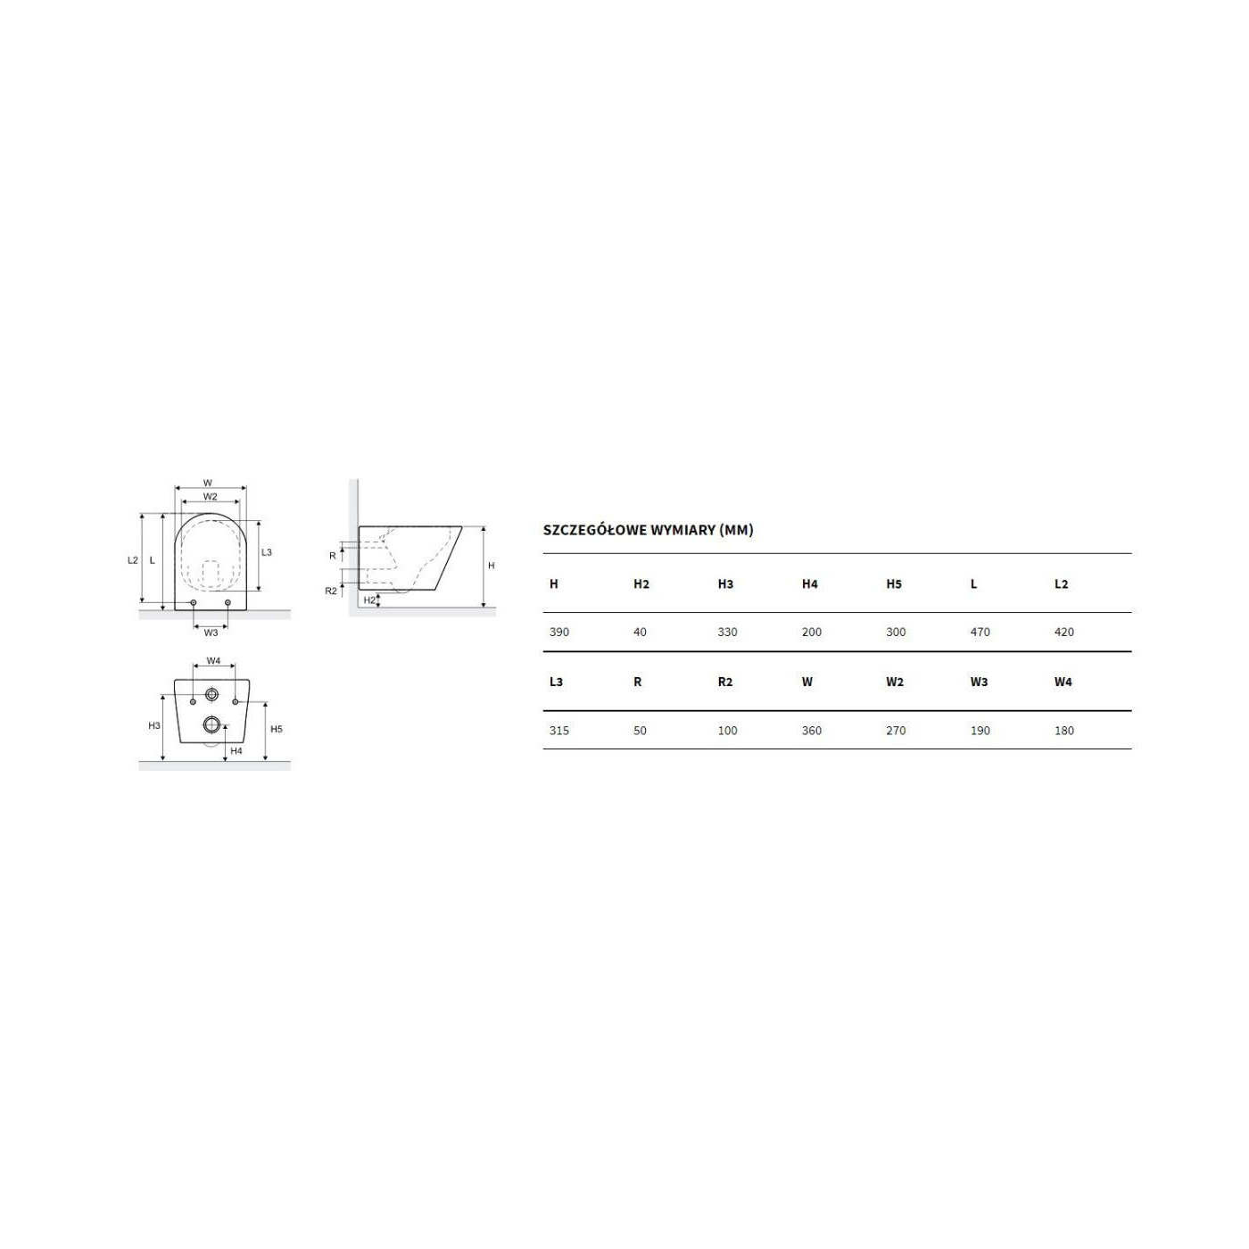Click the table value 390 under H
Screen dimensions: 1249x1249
[x=558, y=632]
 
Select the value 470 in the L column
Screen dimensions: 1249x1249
[x=980, y=632]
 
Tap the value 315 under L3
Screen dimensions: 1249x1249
[x=558, y=731]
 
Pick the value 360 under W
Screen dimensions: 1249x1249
[x=812, y=731]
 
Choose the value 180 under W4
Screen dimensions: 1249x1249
[x=1064, y=731]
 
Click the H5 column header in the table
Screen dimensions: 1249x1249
[x=894, y=584]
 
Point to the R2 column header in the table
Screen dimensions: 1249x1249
[x=725, y=682]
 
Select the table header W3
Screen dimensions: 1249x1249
[x=980, y=682]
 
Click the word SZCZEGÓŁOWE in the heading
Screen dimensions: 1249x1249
[x=596, y=530]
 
